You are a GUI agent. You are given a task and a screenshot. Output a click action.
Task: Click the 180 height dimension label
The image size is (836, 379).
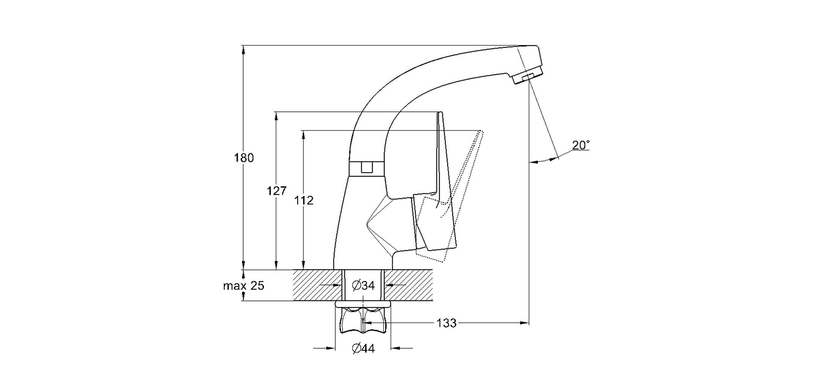[244, 158]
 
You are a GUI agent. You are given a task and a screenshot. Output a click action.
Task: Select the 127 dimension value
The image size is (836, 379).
[277, 191]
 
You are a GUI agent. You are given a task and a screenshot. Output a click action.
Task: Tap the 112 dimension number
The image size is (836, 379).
[304, 200]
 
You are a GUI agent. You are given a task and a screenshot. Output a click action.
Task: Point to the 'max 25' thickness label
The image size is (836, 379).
[244, 285]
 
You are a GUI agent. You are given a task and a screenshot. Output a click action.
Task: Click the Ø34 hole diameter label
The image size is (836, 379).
[363, 285]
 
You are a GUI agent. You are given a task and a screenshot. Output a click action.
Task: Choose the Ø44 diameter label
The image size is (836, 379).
[363, 348]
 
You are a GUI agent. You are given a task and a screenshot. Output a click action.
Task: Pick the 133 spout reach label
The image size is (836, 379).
[446, 323]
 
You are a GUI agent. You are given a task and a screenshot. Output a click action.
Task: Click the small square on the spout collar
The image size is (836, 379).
[367, 167]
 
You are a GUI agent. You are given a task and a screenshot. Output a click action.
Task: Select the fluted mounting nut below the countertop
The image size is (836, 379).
[363, 320]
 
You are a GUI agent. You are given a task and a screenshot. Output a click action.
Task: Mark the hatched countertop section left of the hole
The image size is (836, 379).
[318, 285]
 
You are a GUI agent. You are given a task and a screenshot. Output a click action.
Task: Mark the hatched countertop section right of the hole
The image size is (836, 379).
[409, 285]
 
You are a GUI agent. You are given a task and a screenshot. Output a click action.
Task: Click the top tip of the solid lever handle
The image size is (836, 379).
[440, 113]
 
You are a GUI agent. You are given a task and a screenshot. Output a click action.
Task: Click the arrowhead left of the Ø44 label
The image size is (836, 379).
[330, 348]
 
